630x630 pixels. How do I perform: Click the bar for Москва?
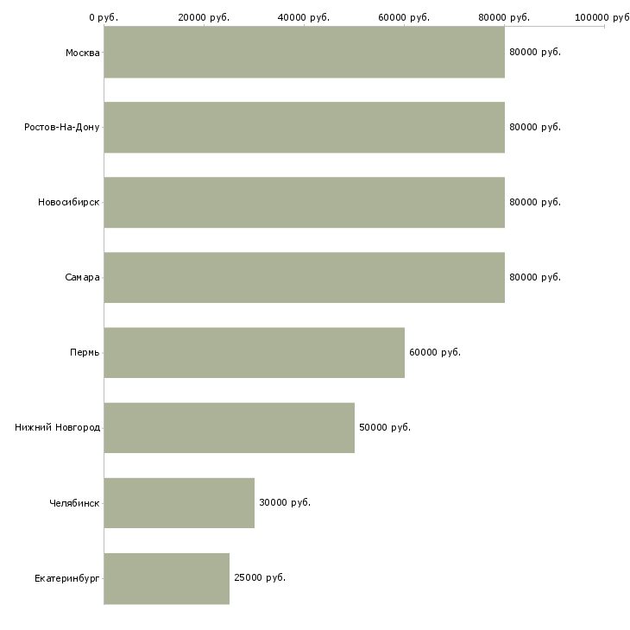click(304, 52)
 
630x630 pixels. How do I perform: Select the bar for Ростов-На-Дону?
click(304, 127)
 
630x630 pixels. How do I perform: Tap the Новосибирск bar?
click(304, 202)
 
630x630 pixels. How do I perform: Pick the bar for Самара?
click(304, 277)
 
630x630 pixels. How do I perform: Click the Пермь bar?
click(254, 352)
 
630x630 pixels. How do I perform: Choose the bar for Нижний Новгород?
click(229, 427)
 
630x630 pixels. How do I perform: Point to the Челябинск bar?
click(179, 502)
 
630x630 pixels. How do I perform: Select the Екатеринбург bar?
click(167, 577)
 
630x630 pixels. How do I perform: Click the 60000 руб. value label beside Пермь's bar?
click(435, 352)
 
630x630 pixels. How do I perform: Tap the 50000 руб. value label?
click(385, 427)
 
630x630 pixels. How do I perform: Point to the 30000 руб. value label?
click(285, 502)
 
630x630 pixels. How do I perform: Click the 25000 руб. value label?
click(260, 577)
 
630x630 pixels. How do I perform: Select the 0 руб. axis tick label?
click(104, 17)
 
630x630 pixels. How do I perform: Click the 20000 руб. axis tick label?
click(204, 17)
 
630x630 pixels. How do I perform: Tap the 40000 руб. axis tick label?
click(304, 17)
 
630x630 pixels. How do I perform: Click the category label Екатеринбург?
click(67, 577)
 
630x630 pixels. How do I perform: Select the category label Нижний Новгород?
click(58, 427)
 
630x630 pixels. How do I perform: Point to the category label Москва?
click(83, 52)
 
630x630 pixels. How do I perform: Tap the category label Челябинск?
click(75, 502)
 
